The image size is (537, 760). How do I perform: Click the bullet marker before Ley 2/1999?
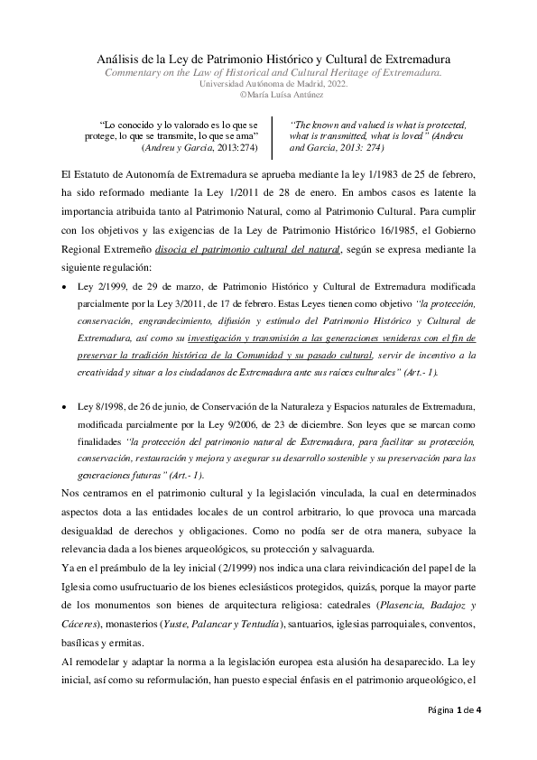pos(63,285)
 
